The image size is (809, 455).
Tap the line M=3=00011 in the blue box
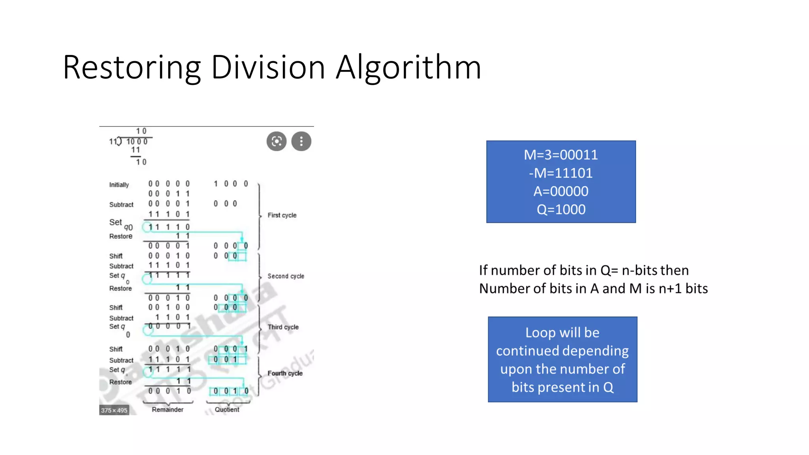(x=561, y=155)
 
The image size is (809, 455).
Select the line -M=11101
(x=561, y=173)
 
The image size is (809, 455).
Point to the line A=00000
(x=561, y=191)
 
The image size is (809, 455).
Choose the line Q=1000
(x=561, y=209)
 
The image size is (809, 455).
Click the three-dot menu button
(x=301, y=141)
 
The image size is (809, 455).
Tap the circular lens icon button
(x=277, y=141)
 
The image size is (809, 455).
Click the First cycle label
(x=282, y=215)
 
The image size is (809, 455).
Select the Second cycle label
(x=286, y=276)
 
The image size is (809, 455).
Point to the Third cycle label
(x=283, y=327)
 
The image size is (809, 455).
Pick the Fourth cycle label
(x=285, y=373)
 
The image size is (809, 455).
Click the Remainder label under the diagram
(x=167, y=410)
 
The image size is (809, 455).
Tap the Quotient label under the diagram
(x=227, y=410)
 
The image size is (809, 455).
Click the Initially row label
(x=119, y=185)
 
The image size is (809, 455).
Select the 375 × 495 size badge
(x=114, y=410)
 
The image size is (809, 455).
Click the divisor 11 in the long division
(x=113, y=141)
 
